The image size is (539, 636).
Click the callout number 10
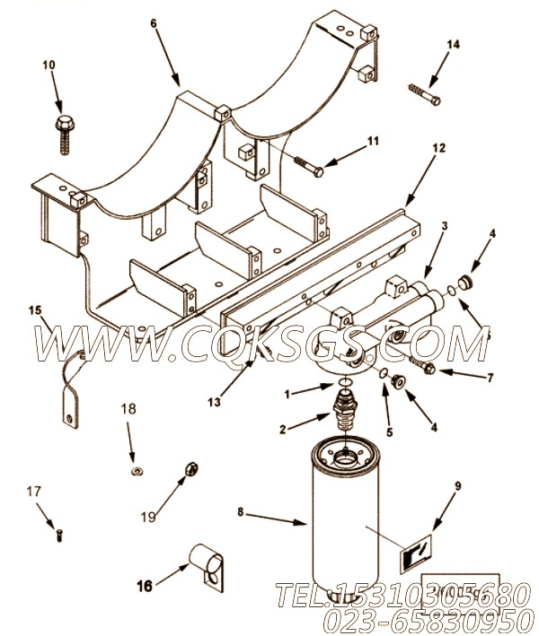point(48,65)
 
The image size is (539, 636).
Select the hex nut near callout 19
point(190,468)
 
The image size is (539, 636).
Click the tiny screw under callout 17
point(58,534)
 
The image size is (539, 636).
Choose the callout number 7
point(490,377)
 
